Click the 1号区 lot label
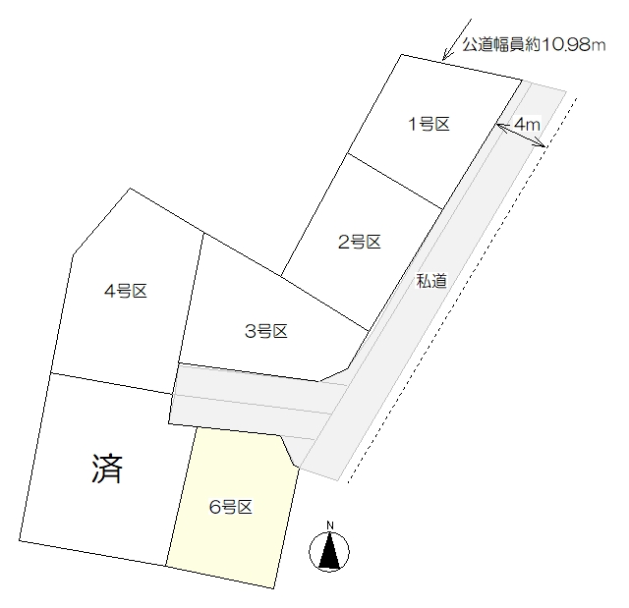pos(429,124)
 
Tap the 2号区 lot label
pos(359,242)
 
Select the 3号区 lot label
pos(266,331)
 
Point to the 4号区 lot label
pos(126,291)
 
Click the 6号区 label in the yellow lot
pos(231,508)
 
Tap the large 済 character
pos(107,469)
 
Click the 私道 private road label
pos(431,281)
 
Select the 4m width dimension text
pos(527,124)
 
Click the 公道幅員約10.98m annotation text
pos(534,44)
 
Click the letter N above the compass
pos(330,525)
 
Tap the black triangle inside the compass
pos(329,551)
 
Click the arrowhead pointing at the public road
pos(445,55)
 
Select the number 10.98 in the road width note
pos(566,45)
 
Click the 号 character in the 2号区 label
pos(358,242)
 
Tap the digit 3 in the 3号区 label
pos(250,332)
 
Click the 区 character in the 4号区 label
pos(140,291)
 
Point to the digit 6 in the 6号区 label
pos(214,508)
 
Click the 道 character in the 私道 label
pos(439,281)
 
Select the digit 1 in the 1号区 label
pos(412,124)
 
